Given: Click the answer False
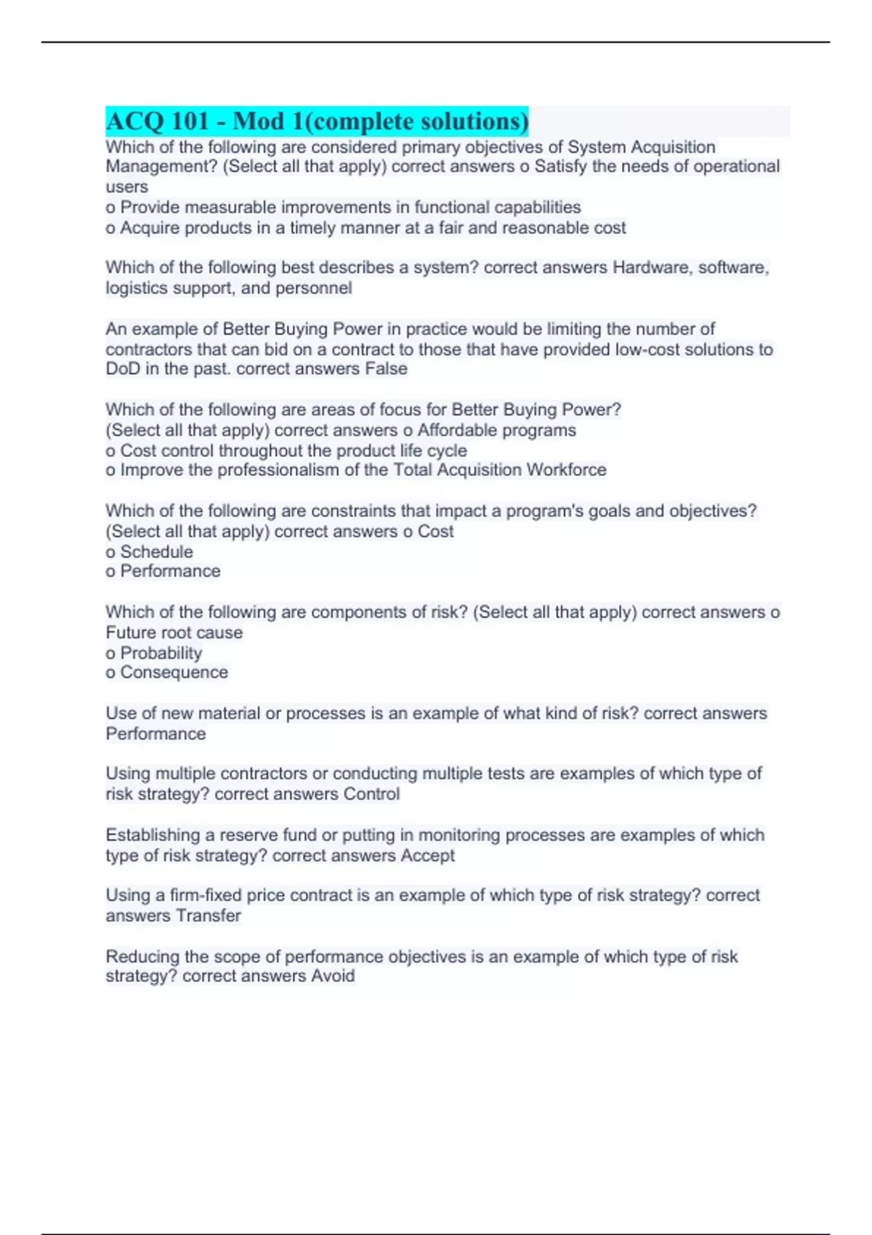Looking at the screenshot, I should pos(386,368).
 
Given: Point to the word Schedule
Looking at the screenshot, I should pos(156,551).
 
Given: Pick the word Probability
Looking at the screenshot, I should pos(161,652).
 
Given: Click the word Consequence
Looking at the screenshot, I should pos(174,672).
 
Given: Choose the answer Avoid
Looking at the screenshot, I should pos(333,976).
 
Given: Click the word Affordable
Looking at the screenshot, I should pos(456,430).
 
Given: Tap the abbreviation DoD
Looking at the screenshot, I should pos(122,368).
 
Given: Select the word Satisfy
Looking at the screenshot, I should pos(560,166).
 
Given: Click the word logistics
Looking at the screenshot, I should pos(137,288).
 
